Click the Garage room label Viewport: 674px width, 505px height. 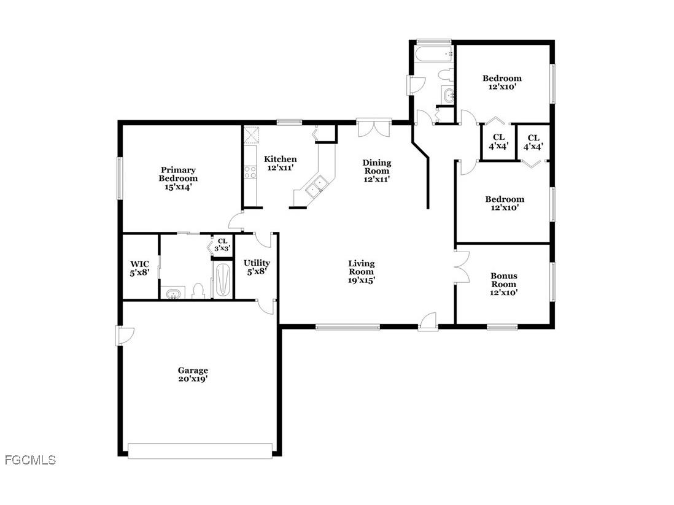click(193, 374)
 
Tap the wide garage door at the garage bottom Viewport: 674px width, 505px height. click(200, 451)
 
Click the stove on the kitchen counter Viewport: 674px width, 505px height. click(250, 172)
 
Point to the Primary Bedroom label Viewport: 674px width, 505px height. click(178, 178)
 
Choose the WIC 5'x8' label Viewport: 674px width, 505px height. click(139, 268)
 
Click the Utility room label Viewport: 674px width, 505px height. click(257, 266)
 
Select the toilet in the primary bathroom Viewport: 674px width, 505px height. click(198, 291)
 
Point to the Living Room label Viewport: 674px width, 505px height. click(362, 271)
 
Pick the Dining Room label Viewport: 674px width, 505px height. click(377, 171)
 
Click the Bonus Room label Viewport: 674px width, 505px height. click(503, 284)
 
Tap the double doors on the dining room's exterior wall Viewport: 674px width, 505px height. click(374, 129)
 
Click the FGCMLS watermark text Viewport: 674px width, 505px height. click(29, 460)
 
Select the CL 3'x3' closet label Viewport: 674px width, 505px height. click(223, 245)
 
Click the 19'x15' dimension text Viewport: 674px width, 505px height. click(362, 280)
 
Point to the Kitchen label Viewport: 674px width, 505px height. click(281, 163)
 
